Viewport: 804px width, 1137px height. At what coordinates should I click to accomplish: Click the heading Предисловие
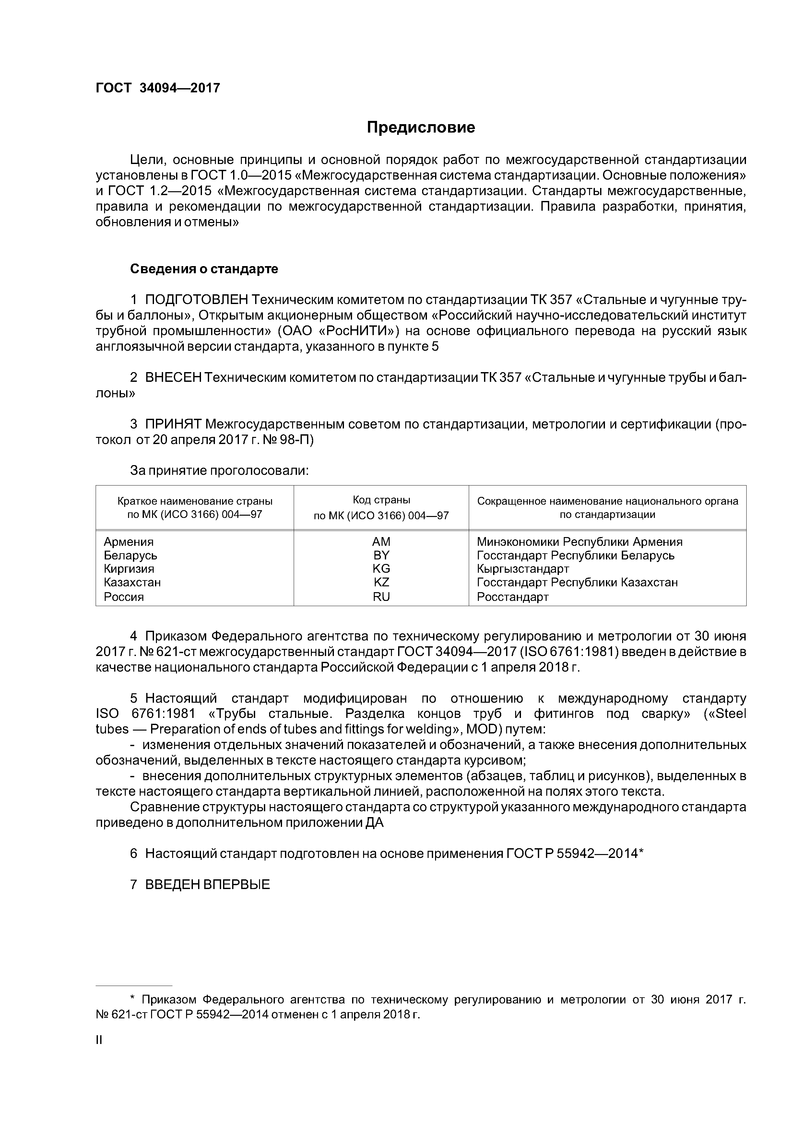tap(420, 128)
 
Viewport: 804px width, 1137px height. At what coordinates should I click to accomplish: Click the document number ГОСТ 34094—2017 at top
tap(158, 88)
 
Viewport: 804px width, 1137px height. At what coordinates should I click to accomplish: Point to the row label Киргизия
tap(129, 568)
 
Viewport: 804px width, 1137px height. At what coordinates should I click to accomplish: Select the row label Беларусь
tap(130, 555)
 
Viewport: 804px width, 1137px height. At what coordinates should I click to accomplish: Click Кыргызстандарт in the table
tap(523, 568)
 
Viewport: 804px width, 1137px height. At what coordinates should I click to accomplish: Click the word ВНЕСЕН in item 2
tap(173, 378)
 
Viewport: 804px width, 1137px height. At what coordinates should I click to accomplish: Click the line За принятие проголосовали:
tap(219, 470)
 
